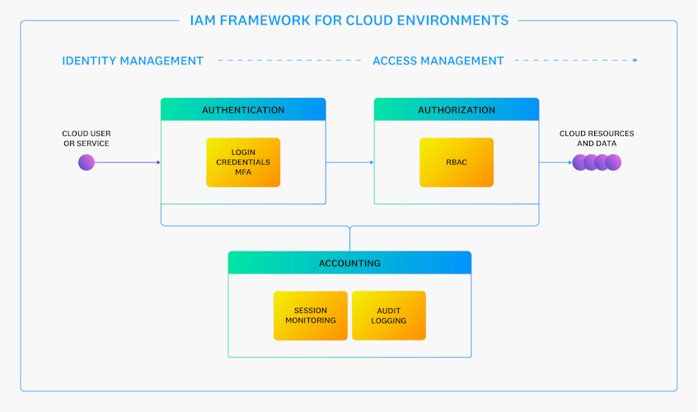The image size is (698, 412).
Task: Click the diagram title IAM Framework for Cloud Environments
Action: pyautogui.click(x=349, y=20)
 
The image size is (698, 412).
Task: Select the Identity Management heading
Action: pyautogui.click(x=133, y=61)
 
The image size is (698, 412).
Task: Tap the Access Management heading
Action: pyautogui.click(x=438, y=61)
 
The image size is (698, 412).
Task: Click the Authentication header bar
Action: pyautogui.click(x=243, y=110)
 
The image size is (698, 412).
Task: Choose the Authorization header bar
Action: pyautogui.click(x=457, y=110)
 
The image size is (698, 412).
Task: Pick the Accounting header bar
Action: pyautogui.click(x=349, y=263)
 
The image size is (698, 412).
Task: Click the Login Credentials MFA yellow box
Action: pyautogui.click(x=243, y=162)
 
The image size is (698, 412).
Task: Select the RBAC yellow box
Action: pyautogui.click(x=457, y=162)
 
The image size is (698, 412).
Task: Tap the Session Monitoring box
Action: pyautogui.click(x=311, y=316)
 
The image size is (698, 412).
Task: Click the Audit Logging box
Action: pyautogui.click(x=389, y=316)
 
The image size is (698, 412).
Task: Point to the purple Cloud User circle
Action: pyautogui.click(x=87, y=162)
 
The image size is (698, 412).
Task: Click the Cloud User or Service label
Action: pyautogui.click(x=86, y=138)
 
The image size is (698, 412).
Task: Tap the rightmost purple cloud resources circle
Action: pyautogui.click(x=613, y=162)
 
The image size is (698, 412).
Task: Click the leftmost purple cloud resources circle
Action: pyautogui.click(x=580, y=162)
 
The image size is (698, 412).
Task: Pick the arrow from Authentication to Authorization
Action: pyautogui.click(x=350, y=162)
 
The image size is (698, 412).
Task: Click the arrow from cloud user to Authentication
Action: pyautogui.click(x=128, y=162)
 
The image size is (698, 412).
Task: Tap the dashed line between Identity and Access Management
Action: pyautogui.click(x=288, y=61)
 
